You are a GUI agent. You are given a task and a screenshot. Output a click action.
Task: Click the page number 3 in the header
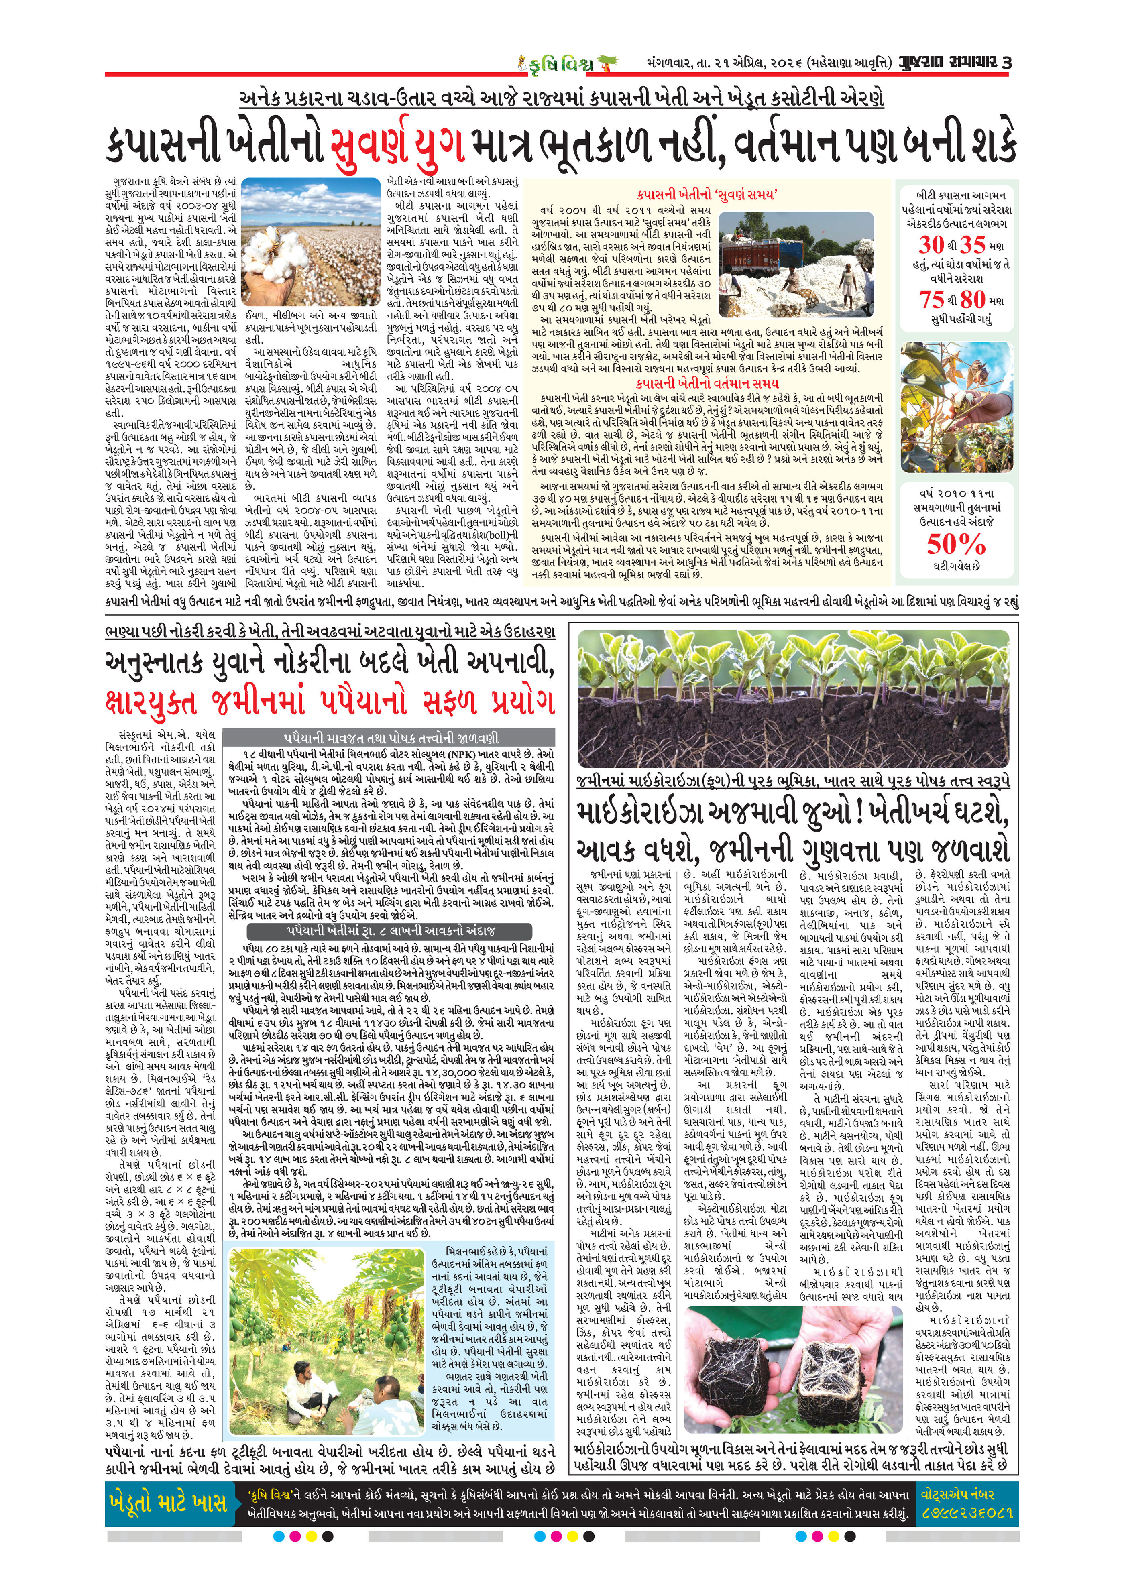(1007, 63)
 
